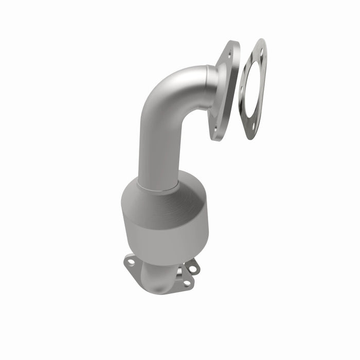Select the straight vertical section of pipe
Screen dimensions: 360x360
[154, 149]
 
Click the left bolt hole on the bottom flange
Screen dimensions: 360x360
[131, 262]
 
